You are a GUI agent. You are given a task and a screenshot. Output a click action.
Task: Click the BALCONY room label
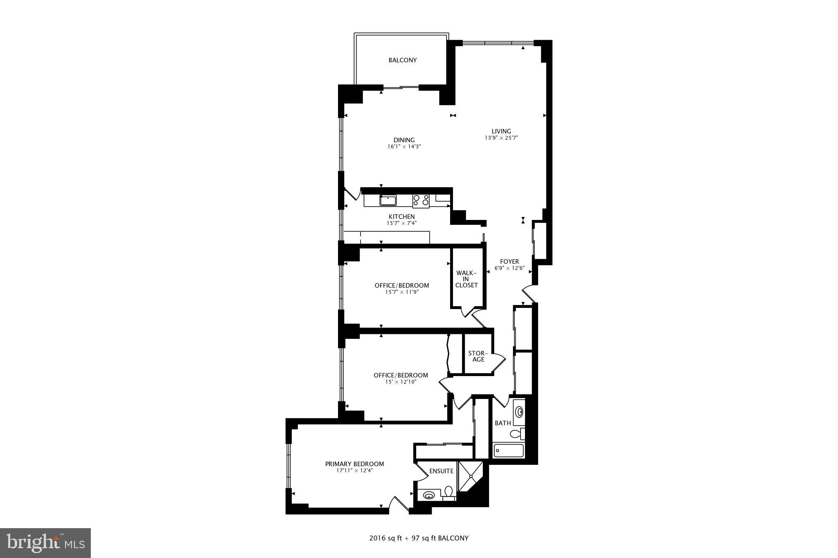click(x=403, y=60)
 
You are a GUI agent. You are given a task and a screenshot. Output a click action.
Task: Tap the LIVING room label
click(x=501, y=131)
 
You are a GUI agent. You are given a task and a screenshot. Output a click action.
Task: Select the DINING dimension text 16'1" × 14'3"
click(x=404, y=146)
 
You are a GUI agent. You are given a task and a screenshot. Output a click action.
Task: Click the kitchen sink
click(x=388, y=201)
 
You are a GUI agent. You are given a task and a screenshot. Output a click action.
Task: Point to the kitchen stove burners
click(x=421, y=200)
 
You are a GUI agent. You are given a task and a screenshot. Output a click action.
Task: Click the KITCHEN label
click(x=401, y=217)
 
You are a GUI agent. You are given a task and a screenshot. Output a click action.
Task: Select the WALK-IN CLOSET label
click(x=466, y=279)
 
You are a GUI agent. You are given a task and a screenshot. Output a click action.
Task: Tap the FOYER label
click(x=509, y=262)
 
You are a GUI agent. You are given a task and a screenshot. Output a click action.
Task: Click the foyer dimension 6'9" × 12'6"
click(x=509, y=269)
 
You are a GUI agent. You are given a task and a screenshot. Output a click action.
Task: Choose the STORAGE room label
click(x=478, y=356)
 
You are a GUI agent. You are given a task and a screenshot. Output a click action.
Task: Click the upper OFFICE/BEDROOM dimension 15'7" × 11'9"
click(x=402, y=292)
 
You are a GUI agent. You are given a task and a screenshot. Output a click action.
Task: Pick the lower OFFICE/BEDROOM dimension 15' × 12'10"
click(x=401, y=382)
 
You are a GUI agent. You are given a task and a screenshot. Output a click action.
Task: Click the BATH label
click(x=502, y=423)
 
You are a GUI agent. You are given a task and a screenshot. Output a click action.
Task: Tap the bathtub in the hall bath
click(x=509, y=451)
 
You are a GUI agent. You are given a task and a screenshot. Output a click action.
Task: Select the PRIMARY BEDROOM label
click(x=354, y=464)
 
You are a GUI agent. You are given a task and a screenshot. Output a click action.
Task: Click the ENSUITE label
click(x=441, y=471)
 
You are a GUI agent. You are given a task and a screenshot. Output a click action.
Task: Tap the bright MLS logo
click(x=45, y=543)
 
